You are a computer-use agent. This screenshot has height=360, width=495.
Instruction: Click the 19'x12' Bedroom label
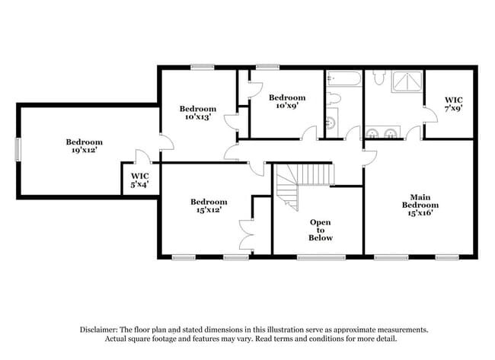83,146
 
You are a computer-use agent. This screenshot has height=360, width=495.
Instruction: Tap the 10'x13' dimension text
198,117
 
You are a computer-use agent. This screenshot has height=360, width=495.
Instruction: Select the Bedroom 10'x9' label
287,101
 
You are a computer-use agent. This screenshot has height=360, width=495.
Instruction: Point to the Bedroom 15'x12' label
209,205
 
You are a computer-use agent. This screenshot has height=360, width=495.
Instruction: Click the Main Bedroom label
420,205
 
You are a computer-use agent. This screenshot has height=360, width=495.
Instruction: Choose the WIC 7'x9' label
454,104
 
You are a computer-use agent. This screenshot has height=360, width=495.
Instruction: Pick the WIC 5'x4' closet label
139,180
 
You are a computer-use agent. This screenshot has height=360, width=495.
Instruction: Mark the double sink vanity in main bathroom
382,133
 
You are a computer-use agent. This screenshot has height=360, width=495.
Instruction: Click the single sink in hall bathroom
333,123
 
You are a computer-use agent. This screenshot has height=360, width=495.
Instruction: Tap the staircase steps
312,174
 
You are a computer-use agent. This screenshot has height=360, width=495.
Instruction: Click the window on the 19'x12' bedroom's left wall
19,149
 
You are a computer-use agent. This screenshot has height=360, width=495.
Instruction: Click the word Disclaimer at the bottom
102,330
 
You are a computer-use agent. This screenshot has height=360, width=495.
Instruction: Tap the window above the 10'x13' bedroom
201,67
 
